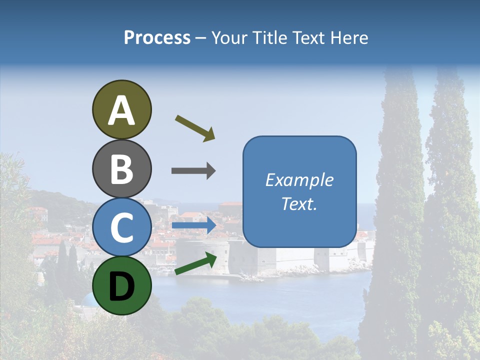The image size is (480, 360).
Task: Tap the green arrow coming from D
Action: pyautogui.click(x=195, y=263)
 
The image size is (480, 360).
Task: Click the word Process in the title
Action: pyautogui.click(x=157, y=38)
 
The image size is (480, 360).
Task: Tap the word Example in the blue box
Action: pyautogui.click(x=299, y=180)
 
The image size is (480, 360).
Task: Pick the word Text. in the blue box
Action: pyautogui.click(x=299, y=204)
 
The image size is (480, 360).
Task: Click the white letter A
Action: pyautogui.click(x=121, y=111)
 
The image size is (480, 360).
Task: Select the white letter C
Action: pyautogui.click(x=121, y=227)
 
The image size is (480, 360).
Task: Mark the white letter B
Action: pyautogui.click(x=121, y=169)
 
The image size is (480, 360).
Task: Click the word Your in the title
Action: pyautogui.click(x=229, y=38)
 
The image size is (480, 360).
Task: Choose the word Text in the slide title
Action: pyautogui.click(x=310, y=38)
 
